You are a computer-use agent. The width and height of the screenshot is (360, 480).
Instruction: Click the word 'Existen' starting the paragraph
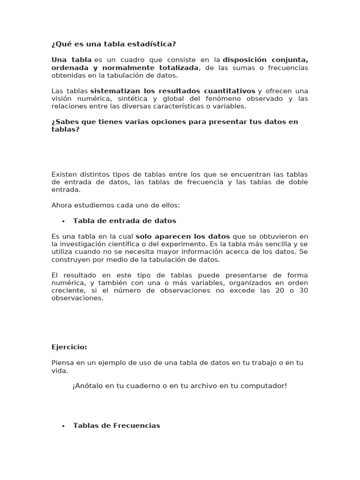(x=64, y=174)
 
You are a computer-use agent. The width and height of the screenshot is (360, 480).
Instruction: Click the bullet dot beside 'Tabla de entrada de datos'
(x=63, y=221)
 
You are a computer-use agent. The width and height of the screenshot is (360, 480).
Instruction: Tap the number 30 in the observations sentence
(x=303, y=290)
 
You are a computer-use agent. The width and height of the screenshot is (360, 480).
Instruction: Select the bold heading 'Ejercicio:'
(x=69, y=347)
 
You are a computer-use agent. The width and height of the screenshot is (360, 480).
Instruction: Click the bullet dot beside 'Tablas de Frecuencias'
(x=63, y=426)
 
